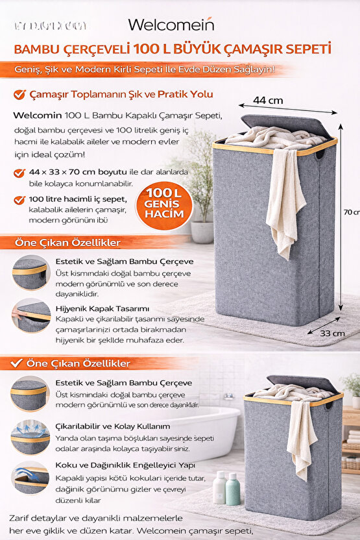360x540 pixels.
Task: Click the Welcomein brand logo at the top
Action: (171, 25)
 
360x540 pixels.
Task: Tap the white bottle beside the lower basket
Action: (219, 487)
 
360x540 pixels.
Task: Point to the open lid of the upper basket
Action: (283, 125)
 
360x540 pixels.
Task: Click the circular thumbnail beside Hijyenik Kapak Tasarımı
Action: (30, 315)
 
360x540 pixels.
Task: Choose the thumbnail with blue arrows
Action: (29, 436)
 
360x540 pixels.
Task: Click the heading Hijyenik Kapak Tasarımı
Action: (102, 308)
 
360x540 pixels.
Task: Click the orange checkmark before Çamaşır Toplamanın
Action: (19, 95)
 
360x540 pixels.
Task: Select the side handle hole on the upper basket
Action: (319, 156)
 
